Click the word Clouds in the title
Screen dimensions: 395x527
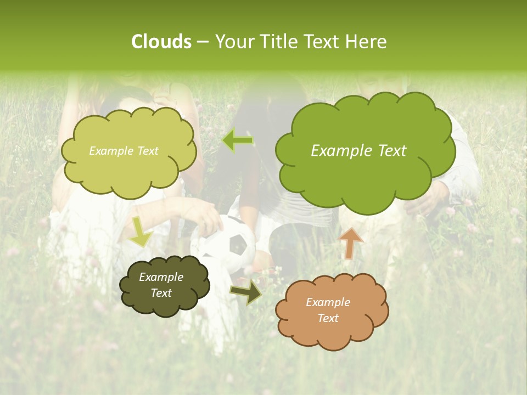point(161,42)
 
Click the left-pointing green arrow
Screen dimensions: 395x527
point(238,140)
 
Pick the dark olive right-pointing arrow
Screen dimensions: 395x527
point(246,292)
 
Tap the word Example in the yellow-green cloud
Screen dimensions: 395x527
point(111,151)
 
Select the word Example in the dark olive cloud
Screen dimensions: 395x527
point(161,277)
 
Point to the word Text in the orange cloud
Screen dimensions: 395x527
point(328,318)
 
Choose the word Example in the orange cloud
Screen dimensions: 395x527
point(328,302)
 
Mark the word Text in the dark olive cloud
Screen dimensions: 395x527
point(161,293)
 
